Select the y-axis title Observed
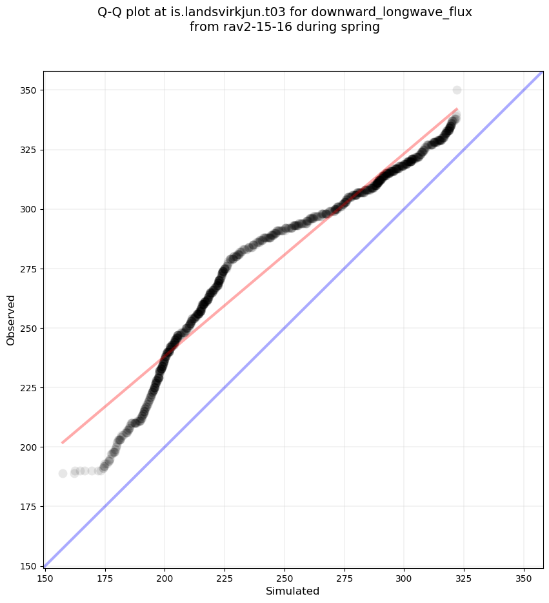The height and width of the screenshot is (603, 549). (11, 320)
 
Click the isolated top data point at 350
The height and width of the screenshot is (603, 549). (457, 90)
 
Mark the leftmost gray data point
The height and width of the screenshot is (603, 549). (63, 473)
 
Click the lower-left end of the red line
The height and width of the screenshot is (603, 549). (63, 442)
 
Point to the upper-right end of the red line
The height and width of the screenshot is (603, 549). (457, 109)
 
